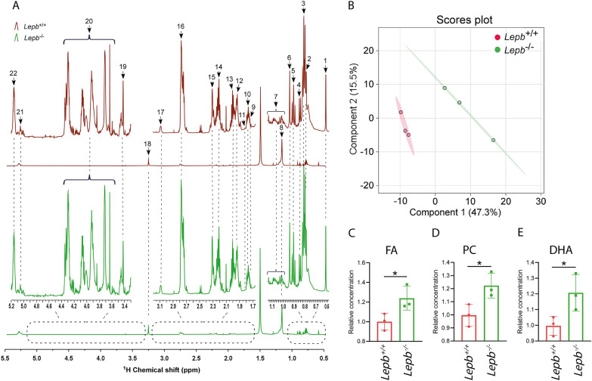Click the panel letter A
[x=6, y=7]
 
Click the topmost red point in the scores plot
[x=401, y=112]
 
